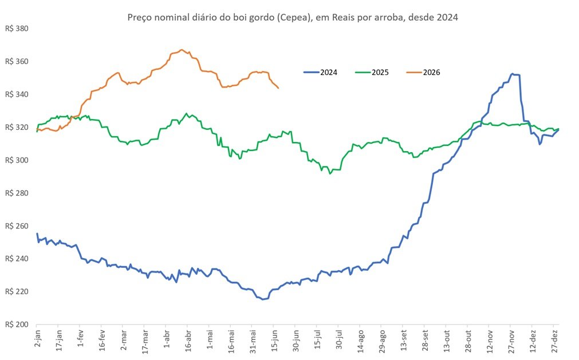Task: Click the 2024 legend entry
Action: coord(321,72)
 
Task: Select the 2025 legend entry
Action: coord(372,72)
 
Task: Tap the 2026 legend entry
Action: coord(423,72)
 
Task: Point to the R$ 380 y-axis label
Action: coord(17,29)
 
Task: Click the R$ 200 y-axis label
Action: coord(17,324)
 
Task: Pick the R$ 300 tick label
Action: coord(17,160)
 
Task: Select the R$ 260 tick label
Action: coord(17,226)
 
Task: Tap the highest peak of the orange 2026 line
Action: coord(182,50)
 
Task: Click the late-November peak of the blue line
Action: coord(512,74)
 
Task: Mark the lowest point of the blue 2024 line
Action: coord(263,299)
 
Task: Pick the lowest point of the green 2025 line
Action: coord(330,173)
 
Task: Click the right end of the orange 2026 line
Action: coord(278,88)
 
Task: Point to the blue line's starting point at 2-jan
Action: coord(37,234)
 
